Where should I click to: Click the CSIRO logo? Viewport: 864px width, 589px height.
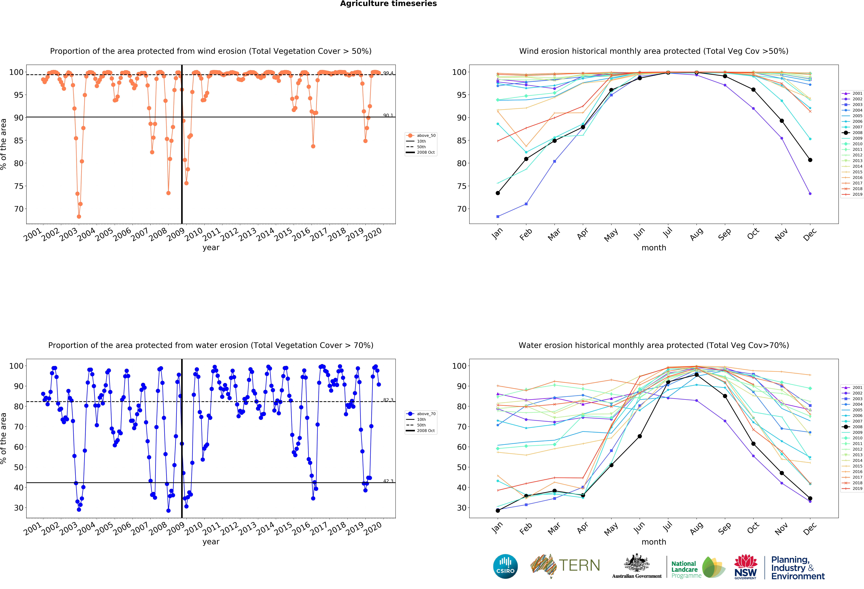tap(505, 566)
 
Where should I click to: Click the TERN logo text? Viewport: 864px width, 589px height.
tap(579, 566)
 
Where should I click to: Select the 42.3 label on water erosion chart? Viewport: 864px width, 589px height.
tap(388, 481)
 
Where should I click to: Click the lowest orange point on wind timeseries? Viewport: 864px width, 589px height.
tap(79, 216)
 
